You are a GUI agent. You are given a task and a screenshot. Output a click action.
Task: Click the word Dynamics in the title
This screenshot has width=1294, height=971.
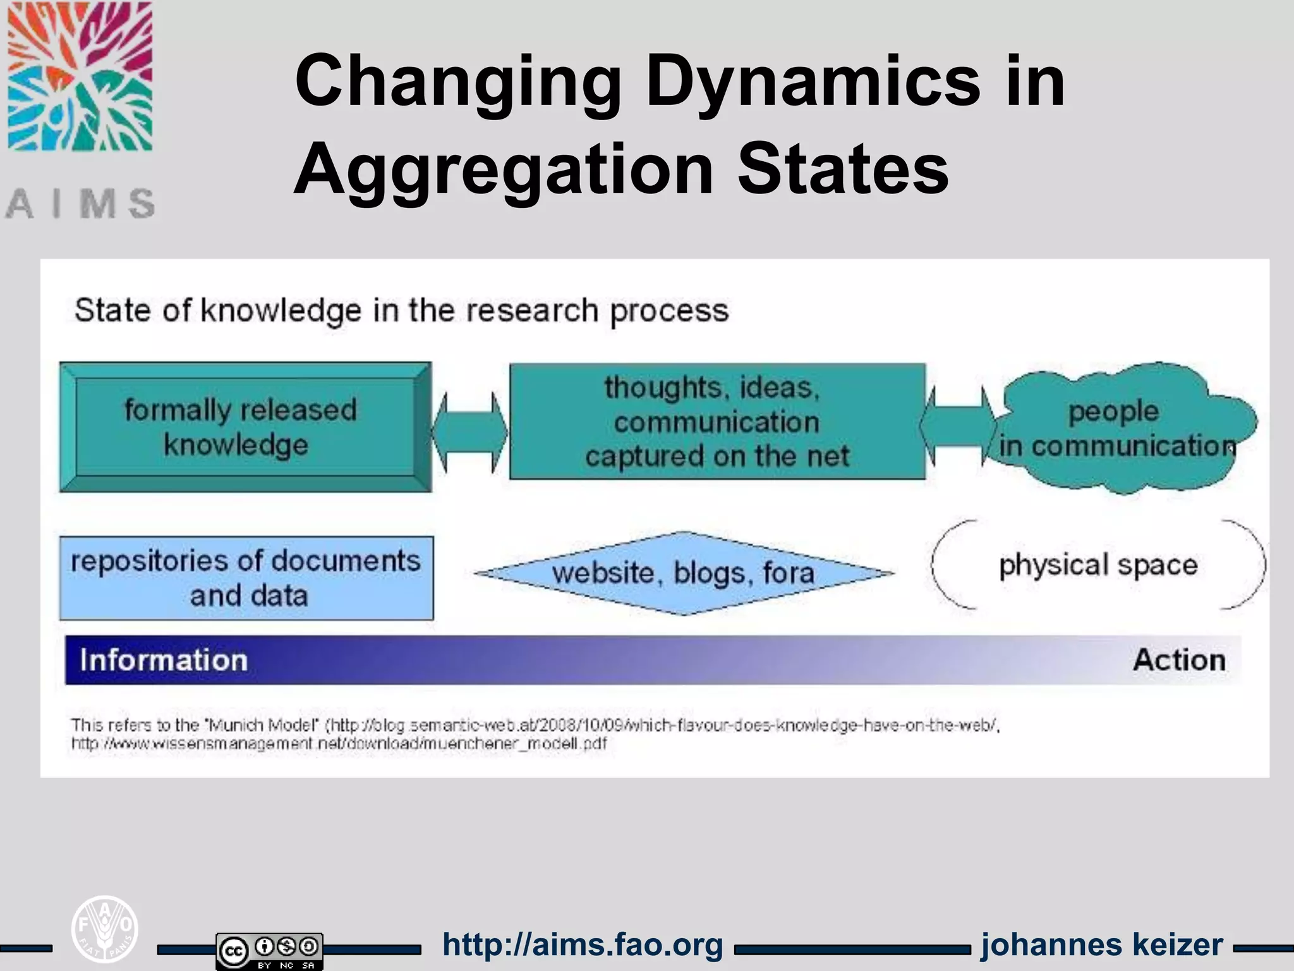(x=813, y=81)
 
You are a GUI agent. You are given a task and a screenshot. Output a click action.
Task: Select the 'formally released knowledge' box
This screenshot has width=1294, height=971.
(x=245, y=427)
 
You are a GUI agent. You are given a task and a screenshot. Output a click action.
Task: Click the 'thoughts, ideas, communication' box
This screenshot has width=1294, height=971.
(x=717, y=421)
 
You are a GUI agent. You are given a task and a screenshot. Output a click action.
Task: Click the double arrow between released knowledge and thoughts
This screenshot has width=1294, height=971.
(x=469, y=432)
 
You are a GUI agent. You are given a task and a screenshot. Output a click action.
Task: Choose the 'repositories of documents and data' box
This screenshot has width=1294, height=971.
(x=246, y=578)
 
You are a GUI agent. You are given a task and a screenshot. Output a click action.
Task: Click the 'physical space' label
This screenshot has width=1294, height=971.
(x=1098, y=565)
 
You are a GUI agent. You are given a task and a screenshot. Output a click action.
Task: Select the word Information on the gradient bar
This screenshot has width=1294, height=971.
(x=164, y=660)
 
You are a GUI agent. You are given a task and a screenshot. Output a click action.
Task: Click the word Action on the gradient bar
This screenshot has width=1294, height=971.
(x=1179, y=660)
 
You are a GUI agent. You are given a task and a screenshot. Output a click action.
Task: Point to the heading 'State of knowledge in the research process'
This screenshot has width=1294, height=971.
(x=402, y=310)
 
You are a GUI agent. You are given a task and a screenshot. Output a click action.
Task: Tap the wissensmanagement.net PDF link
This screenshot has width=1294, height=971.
(x=339, y=743)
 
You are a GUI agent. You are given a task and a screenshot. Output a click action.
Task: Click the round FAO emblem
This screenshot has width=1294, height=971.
(x=104, y=929)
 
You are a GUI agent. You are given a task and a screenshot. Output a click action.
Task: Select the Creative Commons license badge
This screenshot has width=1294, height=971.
(x=269, y=951)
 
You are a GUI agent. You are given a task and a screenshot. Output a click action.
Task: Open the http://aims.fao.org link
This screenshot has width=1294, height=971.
(x=583, y=945)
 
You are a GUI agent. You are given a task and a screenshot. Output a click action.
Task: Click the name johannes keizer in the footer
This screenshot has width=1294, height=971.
(x=1102, y=945)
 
